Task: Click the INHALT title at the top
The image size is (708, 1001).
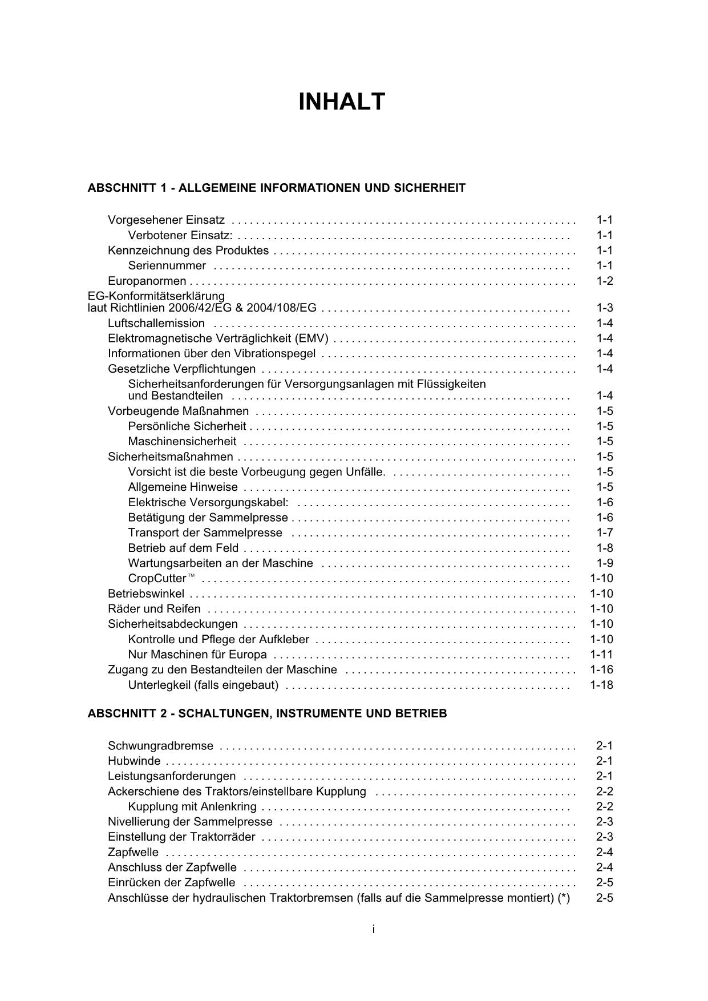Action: click(x=342, y=102)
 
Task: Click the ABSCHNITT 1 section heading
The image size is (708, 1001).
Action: click(x=276, y=188)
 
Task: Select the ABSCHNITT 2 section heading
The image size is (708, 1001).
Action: click(x=267, y=713)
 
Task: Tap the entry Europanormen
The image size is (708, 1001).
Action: click(x=147, y=281)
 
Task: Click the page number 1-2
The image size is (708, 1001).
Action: click(x=604, y=281)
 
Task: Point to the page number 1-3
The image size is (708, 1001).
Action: click(x=604, y=308)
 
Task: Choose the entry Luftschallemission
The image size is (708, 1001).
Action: click(x=156, y=324)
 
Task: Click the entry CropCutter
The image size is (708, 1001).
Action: click(x=157, y=578)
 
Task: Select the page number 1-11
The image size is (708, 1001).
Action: click(x=601, y=655)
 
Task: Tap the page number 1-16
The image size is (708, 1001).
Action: click(x=601, y=669)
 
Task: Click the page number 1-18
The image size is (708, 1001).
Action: click(x=601, y=685)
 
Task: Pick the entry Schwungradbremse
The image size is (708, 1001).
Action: click(x=160, y=746)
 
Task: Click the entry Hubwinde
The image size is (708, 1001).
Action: click(x=134, y=761)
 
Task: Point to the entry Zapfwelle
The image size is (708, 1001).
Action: click(x=133, y=853)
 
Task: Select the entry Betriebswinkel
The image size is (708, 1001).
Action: click(x=146, y=594)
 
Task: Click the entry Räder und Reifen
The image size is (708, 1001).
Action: click(x=154, y=609)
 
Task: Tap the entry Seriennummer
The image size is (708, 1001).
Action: click(x=167, y=265)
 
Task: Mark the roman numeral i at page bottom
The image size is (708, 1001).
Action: click(x=373, y=930)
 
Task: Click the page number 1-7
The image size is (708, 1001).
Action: click(x=604, y=532)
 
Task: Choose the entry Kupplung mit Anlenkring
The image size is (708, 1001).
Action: click(x=192, y=806)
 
